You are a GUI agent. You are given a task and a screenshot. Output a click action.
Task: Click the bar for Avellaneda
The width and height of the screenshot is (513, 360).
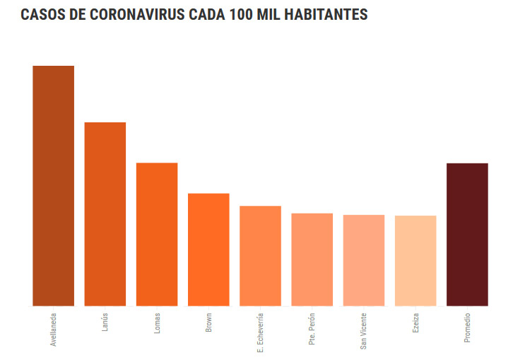(53, 185)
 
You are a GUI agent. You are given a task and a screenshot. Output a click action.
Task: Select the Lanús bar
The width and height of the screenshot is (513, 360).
(105, 214)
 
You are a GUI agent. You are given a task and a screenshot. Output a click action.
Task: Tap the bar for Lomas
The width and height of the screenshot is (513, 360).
(157, 234)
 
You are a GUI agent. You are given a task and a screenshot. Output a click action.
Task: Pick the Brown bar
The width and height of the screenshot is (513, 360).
(208, 249)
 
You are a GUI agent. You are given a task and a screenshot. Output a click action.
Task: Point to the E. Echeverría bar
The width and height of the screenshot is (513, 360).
(260, 255)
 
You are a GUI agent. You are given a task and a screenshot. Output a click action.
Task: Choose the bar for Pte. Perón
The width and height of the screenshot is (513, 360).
(312, 259)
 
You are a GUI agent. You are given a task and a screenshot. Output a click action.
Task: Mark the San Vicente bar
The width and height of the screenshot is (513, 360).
(364, 260)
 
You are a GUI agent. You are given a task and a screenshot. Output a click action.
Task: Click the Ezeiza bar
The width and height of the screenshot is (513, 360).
(415, 260)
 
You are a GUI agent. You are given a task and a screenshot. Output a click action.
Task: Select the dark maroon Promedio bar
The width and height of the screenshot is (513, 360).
(467, 234)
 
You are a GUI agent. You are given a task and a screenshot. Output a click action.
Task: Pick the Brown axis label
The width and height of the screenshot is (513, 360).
(208, 322)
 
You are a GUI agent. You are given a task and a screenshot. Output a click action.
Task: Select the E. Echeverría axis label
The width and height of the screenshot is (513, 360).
(261, 332)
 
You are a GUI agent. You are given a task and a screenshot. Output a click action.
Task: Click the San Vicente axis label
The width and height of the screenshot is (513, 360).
(364, 330)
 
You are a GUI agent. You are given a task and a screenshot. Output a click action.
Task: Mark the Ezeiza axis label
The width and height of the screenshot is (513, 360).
(415, 322)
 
